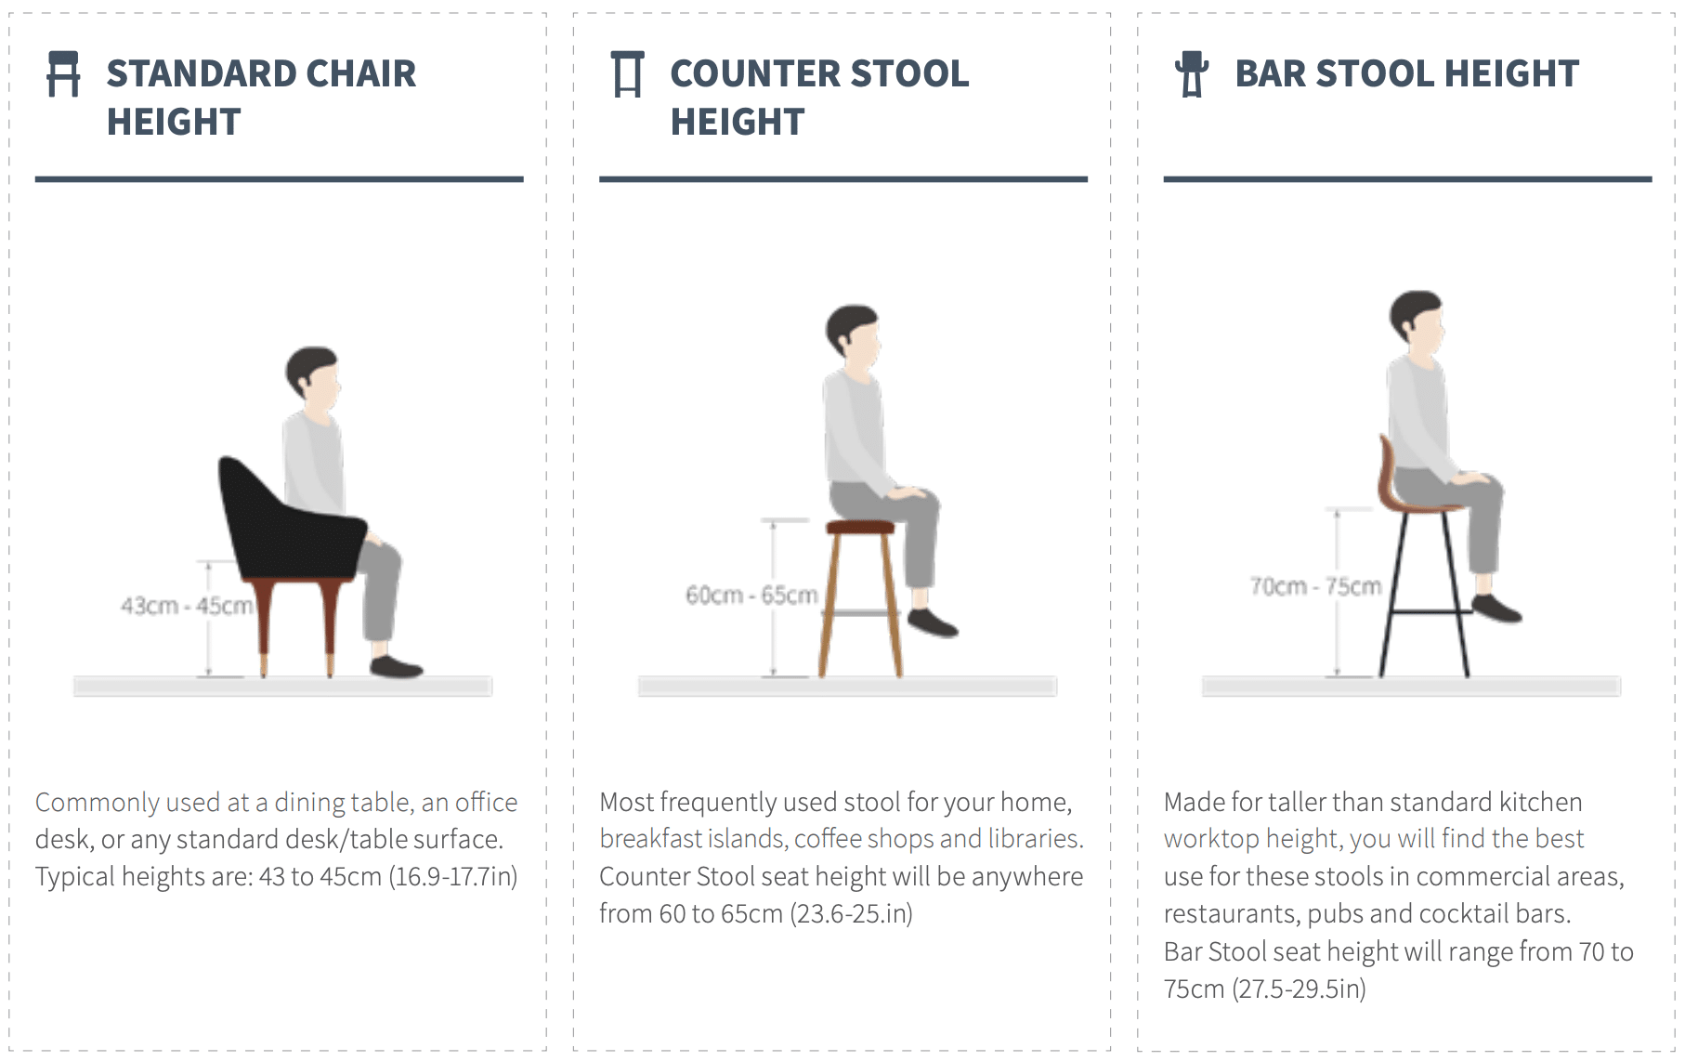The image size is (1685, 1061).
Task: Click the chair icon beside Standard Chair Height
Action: coord(63,73)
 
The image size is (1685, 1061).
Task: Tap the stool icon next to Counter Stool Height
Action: coord(628,73)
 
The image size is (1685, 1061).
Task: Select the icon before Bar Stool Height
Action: coord(1192,73)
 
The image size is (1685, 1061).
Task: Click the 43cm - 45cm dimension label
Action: coord(187,606)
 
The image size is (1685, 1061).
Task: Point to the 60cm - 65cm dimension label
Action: coord(751,595)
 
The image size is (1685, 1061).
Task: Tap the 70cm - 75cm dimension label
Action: coord(1315,586)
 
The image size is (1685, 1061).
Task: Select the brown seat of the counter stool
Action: coord(860,527)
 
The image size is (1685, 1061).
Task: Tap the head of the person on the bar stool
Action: coord(1417,321)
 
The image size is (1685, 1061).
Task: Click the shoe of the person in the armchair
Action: coord(397,666)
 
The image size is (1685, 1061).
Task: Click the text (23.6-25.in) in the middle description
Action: coord(852,914)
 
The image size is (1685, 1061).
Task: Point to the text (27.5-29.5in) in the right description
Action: coord(1300,989)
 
